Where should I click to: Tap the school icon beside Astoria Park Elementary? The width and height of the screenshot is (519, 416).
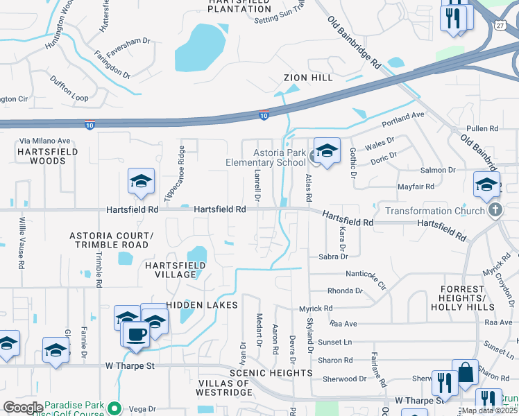click(326, 150)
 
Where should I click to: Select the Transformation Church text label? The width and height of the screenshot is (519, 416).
click(432, 211)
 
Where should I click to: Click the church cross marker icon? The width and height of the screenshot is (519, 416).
click(495, 210)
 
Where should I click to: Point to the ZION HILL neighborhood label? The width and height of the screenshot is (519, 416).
click(307, 78)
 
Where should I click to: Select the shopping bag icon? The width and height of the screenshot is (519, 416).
click(466, 373)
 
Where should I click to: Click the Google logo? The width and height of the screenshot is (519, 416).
click(22, 408)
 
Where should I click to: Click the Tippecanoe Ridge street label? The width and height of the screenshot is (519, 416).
click(174, 174)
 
